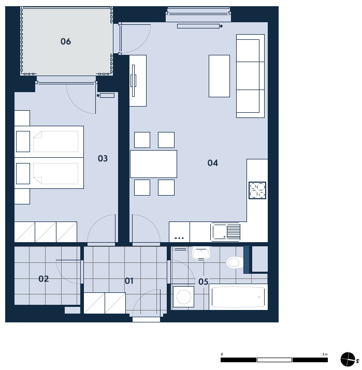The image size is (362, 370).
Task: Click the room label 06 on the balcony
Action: coord(66,41)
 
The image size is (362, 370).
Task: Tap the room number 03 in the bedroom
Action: coord(103,158)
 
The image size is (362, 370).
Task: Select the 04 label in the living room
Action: coord(212,163)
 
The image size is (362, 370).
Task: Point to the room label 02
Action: coord(44,279)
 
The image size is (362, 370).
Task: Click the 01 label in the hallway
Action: coord(129,281)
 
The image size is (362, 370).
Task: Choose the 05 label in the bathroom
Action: coord(204,282)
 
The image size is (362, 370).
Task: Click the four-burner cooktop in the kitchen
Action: coord(257,190)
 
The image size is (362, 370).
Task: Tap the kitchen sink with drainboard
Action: coord(225,232)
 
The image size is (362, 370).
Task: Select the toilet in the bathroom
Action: coord(235,262)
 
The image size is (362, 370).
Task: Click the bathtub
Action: coord(238,297)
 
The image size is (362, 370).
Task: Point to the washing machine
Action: coord(184,297)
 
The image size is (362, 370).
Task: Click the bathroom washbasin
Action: coord(201,253)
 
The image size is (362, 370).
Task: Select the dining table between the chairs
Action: coord(153,164)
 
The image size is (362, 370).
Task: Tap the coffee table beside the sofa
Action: coord(219,76)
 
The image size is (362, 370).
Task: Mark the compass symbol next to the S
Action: coord(347,359)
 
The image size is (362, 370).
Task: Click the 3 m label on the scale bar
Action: coord(325,354)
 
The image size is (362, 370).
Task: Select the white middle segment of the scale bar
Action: coord(274,360)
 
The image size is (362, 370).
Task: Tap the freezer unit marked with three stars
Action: coord(179,232)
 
